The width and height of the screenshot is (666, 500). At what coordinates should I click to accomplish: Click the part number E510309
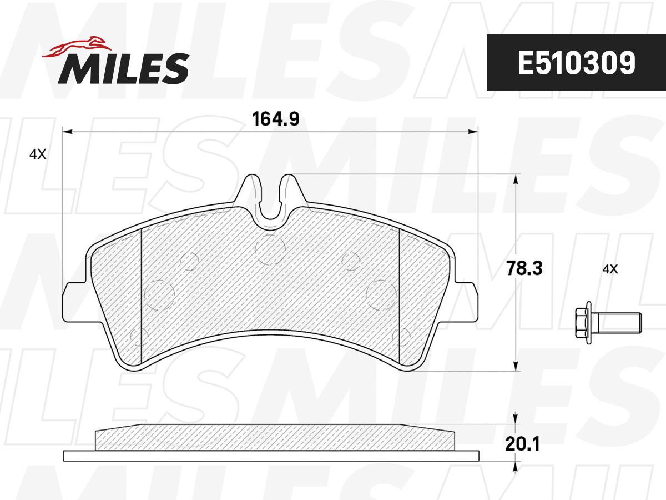point(576,63)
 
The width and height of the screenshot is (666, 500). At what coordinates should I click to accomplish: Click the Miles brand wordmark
point(124,69)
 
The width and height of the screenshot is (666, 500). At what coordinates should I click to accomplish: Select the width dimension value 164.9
point(275,119)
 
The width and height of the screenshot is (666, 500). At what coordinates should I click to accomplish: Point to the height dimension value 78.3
point(524,268)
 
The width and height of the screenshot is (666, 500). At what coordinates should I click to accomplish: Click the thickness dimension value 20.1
point(523,444)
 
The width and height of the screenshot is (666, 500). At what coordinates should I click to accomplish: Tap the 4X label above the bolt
point(610,269)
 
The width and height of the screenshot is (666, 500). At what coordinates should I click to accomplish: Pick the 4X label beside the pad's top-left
point(38,154)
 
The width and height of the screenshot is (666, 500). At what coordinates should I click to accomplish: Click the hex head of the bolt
point(581,323)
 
